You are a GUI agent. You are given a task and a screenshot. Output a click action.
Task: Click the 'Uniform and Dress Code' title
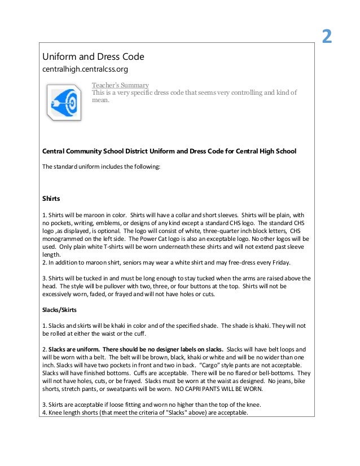94,57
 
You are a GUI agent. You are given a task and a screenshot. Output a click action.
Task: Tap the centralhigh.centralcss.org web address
86,70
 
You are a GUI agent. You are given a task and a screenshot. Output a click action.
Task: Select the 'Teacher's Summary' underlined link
120,85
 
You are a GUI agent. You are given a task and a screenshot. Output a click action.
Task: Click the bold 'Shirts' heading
51,199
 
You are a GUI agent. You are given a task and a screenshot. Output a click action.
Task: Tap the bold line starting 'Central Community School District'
169,152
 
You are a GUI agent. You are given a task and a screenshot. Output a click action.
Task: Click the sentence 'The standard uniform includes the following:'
102,167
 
